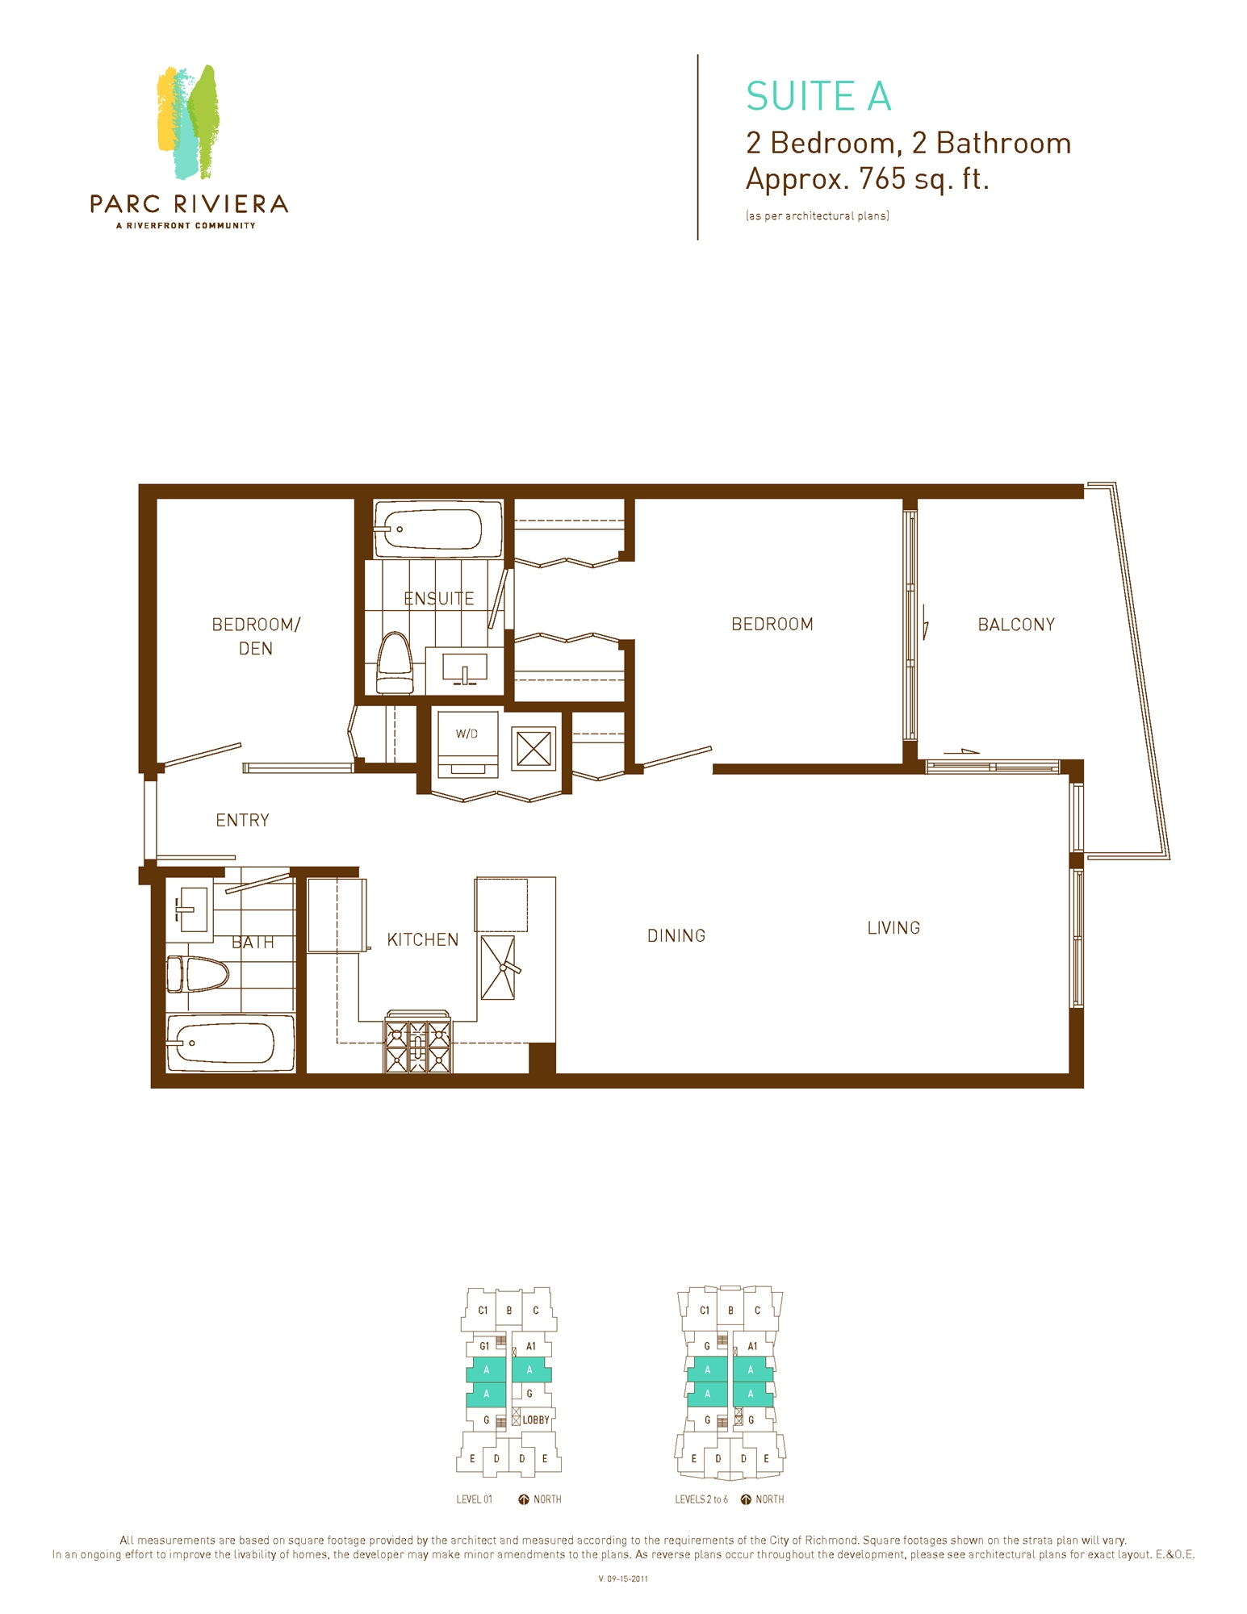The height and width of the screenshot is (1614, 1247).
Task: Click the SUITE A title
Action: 818,96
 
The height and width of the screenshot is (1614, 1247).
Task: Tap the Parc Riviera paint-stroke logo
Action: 188,121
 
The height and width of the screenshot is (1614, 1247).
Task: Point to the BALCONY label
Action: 1016,625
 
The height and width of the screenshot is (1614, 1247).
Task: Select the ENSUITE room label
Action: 438,598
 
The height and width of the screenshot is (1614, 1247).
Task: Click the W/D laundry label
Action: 467,734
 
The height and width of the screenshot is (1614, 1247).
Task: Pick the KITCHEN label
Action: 422,939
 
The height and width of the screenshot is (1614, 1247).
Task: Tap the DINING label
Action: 676,935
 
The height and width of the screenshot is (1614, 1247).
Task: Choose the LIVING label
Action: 893,928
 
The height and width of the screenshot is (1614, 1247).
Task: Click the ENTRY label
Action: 242,820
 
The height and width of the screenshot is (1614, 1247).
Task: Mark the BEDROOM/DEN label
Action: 256,636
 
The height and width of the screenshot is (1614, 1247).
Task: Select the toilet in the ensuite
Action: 395,663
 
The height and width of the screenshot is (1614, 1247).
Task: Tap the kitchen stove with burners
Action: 417,1042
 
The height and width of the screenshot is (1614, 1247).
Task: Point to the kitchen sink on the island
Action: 498,967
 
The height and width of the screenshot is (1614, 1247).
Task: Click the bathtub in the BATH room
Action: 231,1043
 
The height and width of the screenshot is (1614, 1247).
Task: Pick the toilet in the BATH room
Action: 198,974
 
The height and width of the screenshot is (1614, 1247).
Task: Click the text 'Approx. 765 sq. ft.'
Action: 867,178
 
